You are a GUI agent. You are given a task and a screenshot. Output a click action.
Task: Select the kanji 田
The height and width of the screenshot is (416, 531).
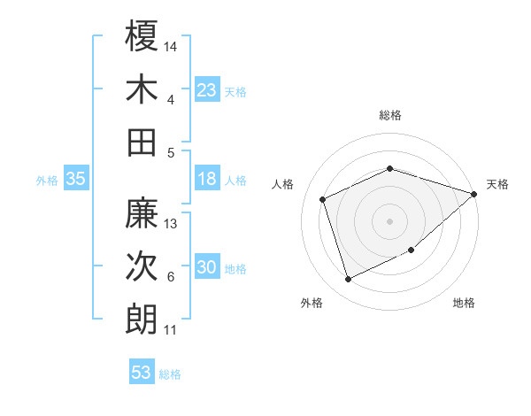142,142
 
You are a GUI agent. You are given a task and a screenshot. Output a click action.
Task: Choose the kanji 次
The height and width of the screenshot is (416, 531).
142,266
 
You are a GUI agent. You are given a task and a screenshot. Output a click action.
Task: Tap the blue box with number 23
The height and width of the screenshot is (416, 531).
207,89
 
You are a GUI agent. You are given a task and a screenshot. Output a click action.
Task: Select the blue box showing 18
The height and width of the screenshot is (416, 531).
207,179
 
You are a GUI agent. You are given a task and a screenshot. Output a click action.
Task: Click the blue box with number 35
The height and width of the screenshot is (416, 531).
75,179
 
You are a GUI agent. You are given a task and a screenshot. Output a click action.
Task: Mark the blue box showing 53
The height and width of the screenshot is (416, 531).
142,373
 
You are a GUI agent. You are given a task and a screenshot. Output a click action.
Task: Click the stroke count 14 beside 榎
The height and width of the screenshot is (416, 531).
171,45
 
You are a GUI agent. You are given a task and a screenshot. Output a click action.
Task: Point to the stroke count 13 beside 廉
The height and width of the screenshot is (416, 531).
172,223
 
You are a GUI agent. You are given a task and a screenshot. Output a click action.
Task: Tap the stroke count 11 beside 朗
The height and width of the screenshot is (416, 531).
171,330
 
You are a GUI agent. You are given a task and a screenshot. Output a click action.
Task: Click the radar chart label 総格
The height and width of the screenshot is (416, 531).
390,115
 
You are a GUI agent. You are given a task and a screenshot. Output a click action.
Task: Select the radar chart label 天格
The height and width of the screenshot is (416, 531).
498,184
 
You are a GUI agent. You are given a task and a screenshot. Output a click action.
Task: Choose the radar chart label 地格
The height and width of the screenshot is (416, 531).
464,303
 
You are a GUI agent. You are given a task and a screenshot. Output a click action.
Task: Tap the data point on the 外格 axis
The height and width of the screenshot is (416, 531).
348,280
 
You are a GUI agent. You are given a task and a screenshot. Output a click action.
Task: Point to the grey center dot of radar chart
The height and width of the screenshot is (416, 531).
390,220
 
